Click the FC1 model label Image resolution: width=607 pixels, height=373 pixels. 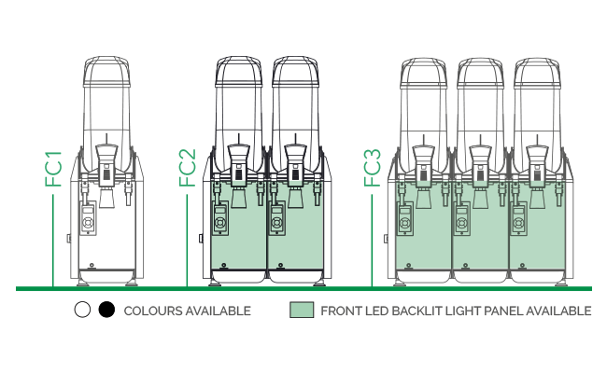click(53, 170)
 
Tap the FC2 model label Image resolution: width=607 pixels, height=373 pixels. click(188, 168)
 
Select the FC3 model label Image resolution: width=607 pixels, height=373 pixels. click(373, 168)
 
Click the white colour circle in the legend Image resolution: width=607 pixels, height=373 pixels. click(82, 310)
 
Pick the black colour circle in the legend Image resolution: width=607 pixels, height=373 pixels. click(106, 310)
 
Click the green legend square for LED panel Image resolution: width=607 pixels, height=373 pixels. click(302, 310)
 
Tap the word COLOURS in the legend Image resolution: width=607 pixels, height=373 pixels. click(153, 311)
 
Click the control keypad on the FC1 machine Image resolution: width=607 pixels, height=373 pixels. click(89, 218)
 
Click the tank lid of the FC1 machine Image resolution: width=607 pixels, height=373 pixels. click(106, 72)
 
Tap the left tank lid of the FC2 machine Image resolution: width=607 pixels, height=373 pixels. click(238, 71)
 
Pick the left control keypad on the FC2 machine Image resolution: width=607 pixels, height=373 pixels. click(220, 218)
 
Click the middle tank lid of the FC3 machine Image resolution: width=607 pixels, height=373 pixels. click(480, 73)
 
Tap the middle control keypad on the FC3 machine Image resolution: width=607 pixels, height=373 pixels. click(462, 219)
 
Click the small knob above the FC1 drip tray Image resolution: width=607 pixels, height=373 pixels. click(92, 265)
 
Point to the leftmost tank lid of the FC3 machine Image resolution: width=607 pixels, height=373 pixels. click(424, 73)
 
